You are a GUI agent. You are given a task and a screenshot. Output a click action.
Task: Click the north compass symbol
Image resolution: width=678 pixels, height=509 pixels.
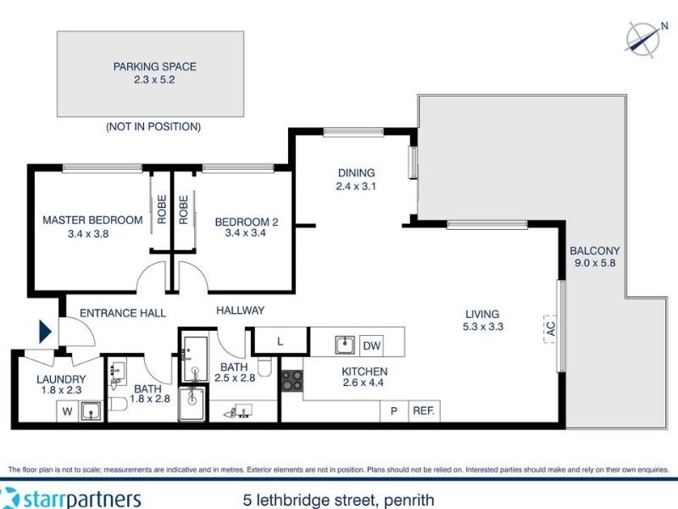(x=644, y=40)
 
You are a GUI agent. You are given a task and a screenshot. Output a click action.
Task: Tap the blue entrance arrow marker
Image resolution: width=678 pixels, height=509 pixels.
(x=45, y=332)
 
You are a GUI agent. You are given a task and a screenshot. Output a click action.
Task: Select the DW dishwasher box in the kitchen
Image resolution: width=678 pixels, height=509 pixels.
(x=371, y=345)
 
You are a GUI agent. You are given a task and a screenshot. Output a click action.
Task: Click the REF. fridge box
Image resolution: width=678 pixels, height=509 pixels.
(x=424, y=411)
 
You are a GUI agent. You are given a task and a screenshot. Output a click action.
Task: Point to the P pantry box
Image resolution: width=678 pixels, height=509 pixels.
(x=394, y=411)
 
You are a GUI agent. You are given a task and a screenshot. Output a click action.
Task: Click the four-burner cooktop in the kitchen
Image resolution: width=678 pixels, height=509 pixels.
(x=292, y=381)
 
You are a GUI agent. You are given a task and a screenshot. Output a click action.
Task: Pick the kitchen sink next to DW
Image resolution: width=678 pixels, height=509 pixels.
(x=345, y=345)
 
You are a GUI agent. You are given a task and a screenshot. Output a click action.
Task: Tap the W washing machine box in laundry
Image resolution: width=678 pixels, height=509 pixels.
(x=67, y=411)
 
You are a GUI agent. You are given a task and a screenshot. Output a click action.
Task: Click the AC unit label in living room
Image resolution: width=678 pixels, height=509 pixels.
(x=550, y=329)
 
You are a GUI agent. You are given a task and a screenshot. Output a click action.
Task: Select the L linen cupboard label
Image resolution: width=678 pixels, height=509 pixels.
(x=281, y=342)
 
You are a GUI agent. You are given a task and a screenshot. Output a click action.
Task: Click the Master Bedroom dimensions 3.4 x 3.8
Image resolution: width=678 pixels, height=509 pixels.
(x=88, y=234)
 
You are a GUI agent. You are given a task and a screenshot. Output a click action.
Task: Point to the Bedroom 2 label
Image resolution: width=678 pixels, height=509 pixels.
(x=247, y=222)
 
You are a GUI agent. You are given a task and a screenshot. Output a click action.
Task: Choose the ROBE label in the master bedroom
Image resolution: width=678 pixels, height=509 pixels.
(x=162, y=210)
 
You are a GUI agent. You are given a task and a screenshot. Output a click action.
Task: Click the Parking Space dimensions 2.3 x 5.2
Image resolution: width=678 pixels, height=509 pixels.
(x=154, y=80)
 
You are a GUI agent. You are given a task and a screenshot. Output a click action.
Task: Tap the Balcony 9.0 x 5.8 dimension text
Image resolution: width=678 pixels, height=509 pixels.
(x=595, y=263)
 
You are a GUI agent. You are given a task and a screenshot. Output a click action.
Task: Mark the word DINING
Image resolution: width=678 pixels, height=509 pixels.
(x=356, y=173)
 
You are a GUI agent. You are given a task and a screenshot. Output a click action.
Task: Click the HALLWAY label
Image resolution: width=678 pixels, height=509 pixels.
(x=241, y=310)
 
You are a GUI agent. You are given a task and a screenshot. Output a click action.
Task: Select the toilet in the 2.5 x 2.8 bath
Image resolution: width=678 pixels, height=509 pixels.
(x=264, y=366)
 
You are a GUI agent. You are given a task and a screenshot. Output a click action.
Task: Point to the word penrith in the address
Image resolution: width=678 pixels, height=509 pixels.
(x=408, y=501)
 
